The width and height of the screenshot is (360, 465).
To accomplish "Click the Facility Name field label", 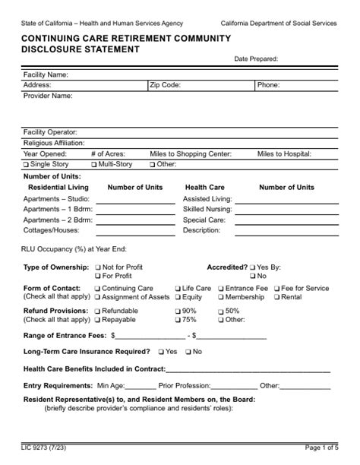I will point(46,75).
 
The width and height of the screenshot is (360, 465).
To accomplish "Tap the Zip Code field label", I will point(165,86).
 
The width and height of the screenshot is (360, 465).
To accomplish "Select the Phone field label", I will point(268,86).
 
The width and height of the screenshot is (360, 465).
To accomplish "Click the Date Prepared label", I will point(256,59).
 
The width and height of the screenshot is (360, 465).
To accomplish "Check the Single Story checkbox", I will point(26,164).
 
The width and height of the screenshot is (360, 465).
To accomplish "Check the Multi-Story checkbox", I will point(93,164).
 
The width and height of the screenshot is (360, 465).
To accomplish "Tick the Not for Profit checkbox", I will point(97,268).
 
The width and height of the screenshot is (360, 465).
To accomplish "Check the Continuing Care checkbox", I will point(97,289).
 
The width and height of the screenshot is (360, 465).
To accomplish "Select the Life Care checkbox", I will point(178,289).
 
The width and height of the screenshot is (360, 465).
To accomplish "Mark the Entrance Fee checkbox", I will point(221,289).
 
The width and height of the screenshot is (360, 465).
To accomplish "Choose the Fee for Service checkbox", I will point(276,289).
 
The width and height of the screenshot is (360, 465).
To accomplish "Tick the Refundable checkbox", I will point(97,312).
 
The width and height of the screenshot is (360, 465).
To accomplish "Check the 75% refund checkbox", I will point(178,321).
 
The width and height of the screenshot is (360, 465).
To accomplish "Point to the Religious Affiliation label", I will point(54,142).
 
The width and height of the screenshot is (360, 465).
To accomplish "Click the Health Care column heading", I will point(204,187).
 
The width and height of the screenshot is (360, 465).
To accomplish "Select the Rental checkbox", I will point(276,298).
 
